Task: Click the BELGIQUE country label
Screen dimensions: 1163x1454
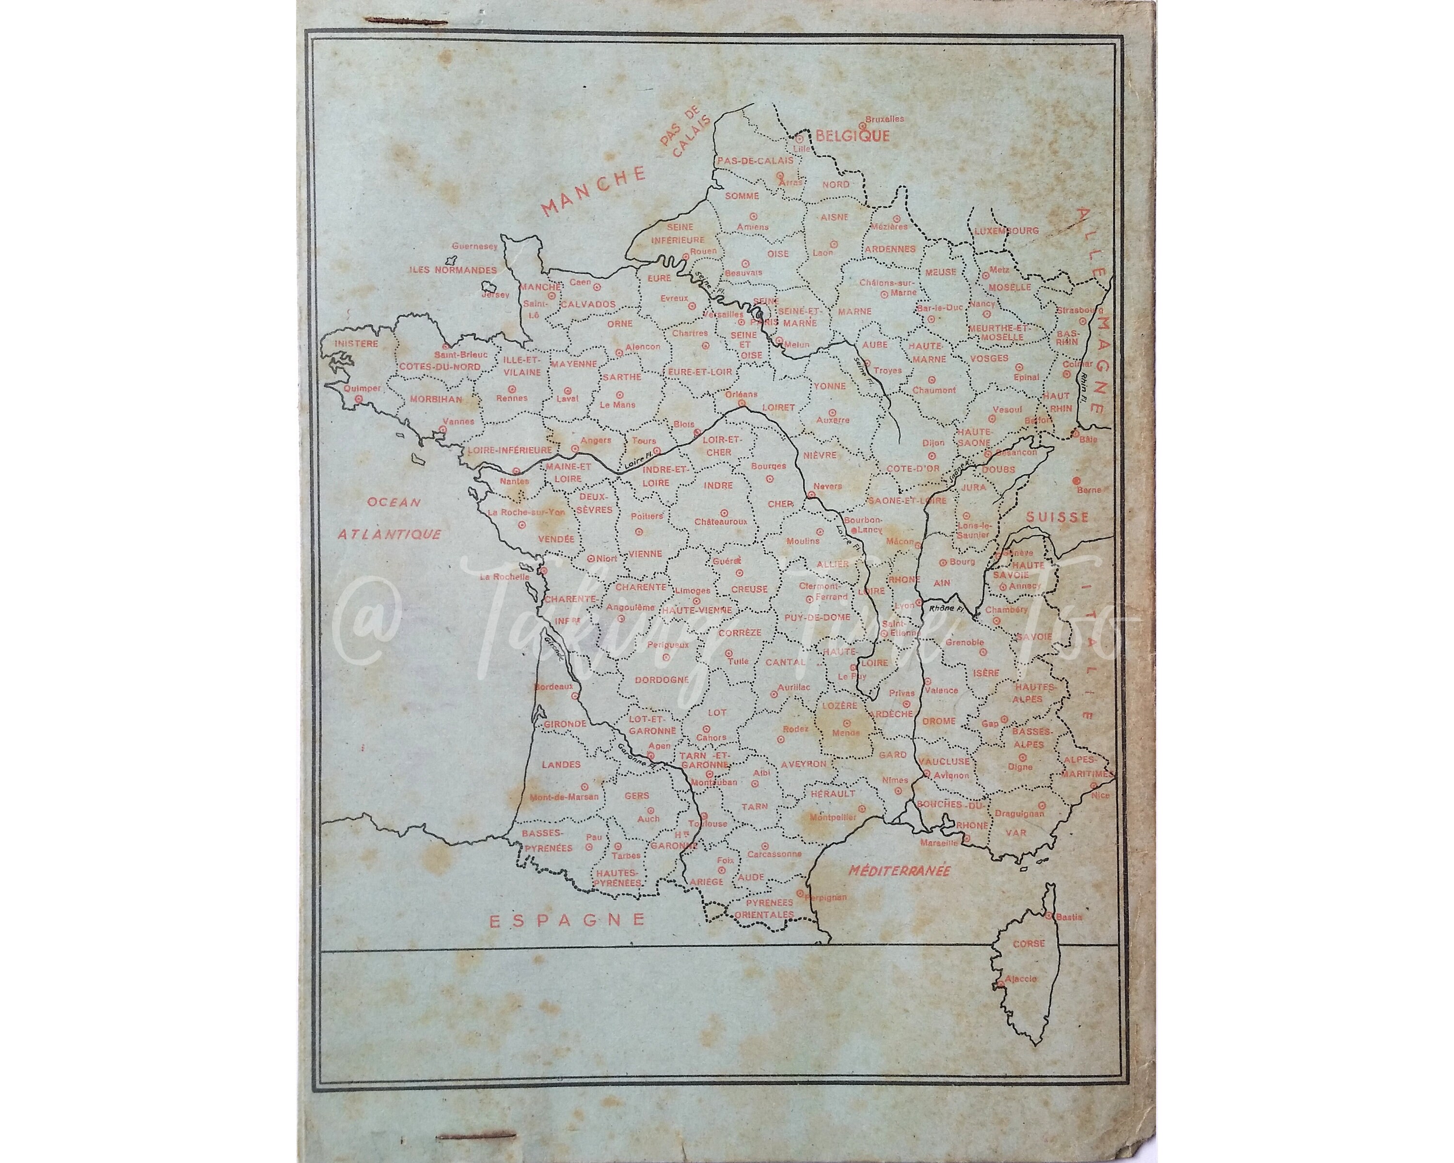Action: (x=853, y=136)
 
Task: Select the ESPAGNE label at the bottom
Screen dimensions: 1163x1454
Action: (x=567, y=920)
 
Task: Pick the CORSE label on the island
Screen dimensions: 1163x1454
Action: (x=1028, y=944)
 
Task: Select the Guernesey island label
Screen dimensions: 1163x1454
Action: (x=475, y=246)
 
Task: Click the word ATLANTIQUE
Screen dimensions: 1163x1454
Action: (x=389, y=534)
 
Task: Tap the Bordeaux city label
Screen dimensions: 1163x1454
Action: (x=553, y=687)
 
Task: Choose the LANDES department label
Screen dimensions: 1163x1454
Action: (x=561, y=765)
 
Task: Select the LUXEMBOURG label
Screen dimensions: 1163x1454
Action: (x=1006, y=231)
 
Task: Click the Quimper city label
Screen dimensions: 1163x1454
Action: (x=362, y=388)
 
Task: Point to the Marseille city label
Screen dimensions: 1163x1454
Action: (x=939, y=843)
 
